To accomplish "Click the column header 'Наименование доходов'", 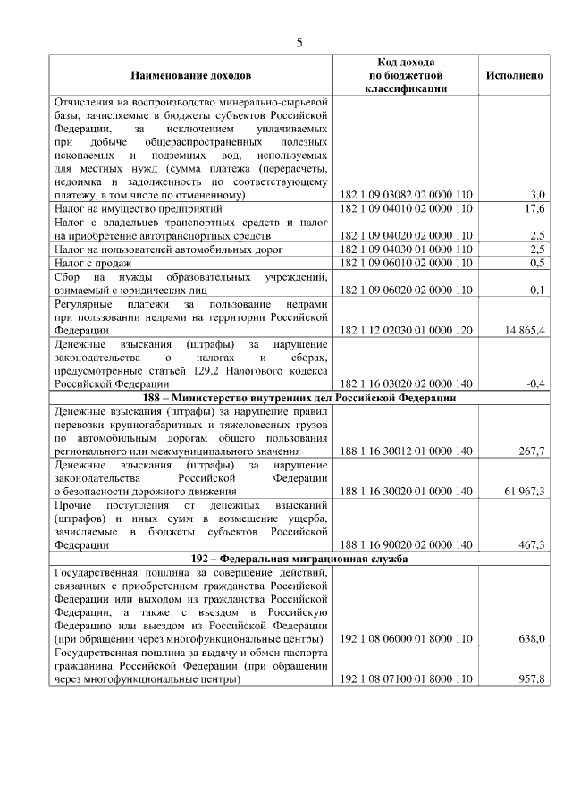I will [191, 75].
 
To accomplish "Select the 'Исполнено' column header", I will [514, 75].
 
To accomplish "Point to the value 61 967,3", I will [525, 492].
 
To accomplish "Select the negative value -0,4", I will [535, 383].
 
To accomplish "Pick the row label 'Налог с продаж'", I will [93, 263].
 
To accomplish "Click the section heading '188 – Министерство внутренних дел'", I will [299, 398].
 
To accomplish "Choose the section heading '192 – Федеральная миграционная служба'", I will [299, 559].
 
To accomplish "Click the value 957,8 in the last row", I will [531, 679].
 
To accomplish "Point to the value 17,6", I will [534, 209].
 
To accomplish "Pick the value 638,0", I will [531, 639].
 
